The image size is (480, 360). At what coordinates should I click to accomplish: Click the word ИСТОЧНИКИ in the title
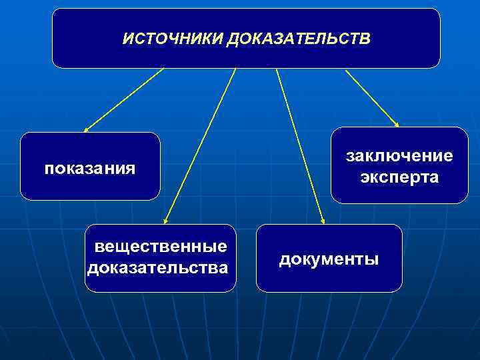click(x=173, y=39)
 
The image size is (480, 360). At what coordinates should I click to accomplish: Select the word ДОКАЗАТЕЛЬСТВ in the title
click(x=298, y=39)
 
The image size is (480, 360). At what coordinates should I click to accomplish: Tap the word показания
click(x=90, y=168)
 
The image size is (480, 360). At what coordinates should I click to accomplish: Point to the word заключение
click(x=399, y=156)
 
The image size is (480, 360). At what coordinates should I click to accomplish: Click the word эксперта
click(x=399, y=177)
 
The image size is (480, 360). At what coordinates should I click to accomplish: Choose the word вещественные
click(x=161, y=247)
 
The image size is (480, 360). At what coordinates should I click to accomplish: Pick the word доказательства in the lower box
click(x=157, y=268)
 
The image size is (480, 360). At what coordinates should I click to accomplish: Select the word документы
click(x=329, y=259)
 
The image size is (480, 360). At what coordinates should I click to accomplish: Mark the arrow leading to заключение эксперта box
click(x=372, y=97)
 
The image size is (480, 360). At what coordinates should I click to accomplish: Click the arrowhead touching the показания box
click(x=86, y=130)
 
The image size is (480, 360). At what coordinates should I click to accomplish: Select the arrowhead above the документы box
click(x=323, y=220)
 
